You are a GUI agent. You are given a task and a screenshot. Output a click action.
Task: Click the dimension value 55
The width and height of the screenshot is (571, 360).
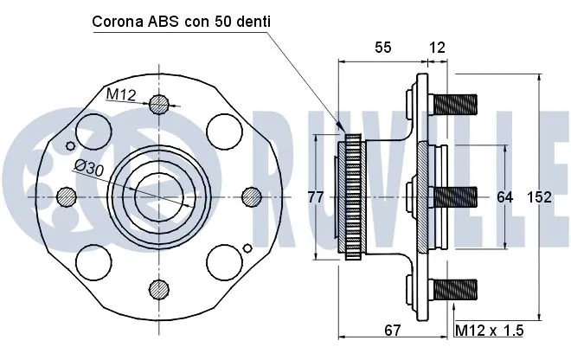tap(383, 48)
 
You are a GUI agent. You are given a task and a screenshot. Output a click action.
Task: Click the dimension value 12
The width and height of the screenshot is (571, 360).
tap(437, 48)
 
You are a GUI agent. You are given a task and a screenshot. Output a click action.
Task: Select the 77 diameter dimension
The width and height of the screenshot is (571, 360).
tap(316, 197)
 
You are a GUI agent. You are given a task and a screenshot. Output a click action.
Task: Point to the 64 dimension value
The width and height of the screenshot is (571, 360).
tap(505, 197)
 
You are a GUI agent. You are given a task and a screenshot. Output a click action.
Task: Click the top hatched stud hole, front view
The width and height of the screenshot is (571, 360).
tap(158, 106)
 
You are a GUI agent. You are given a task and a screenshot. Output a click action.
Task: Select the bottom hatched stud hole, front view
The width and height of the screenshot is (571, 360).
tap(158, 288)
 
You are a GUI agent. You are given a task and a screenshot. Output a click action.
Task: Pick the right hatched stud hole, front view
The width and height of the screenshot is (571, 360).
tap(250, 196)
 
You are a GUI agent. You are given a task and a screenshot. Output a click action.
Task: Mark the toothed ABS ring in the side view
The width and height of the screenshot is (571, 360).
tap(353, 197)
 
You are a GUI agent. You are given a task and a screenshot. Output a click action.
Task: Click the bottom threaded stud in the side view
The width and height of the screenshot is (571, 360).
tap(456, 288)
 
